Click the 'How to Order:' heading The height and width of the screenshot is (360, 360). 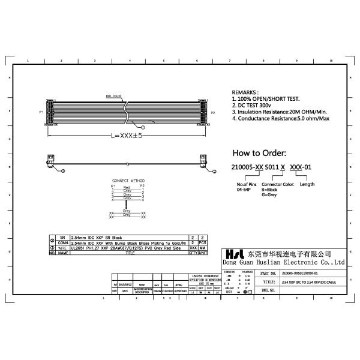pos(259,152)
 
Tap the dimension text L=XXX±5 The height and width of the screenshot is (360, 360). pos(122,136)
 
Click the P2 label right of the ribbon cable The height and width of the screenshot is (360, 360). pos(213,112)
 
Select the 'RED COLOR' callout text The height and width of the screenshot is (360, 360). pos(114,96)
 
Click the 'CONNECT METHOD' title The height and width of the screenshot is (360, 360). pos(128,180)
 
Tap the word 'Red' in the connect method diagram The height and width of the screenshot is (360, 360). pos(127,187)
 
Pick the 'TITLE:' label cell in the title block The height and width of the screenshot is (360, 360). pos(269,281)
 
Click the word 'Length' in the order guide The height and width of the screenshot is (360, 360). pos(307,184)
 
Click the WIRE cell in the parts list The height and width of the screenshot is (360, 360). pos(62,247)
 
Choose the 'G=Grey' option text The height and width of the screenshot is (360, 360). pos(269,195)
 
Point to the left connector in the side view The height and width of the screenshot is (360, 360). pos(50,160)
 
